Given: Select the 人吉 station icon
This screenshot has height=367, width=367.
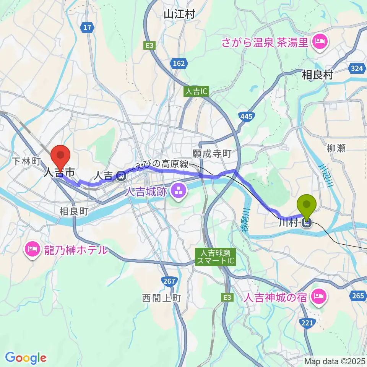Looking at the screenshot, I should point(121,175).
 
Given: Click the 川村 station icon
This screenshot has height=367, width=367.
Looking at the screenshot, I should point(307,222).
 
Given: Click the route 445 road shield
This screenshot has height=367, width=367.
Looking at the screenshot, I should point(246,116).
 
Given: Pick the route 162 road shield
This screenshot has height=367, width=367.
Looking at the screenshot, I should point(179,63).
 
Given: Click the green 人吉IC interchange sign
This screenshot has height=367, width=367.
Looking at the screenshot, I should point(195,92).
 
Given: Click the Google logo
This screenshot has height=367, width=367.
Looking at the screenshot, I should point(26,358).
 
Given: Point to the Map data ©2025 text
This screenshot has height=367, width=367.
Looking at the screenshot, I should point(335,361).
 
